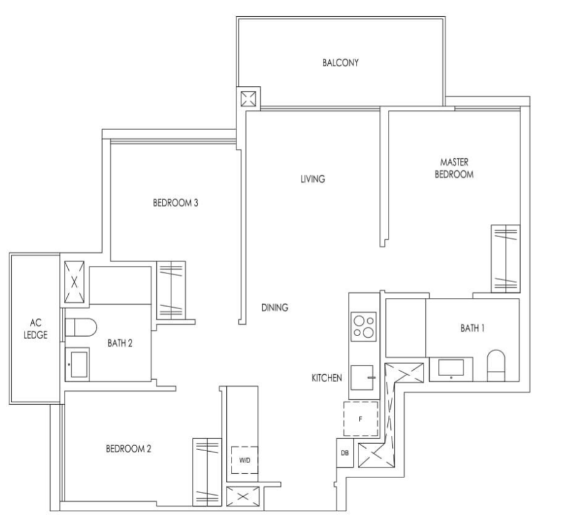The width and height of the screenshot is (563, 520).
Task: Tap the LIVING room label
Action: tap(312, 179)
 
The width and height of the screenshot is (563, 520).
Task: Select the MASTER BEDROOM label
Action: tap(454, 168)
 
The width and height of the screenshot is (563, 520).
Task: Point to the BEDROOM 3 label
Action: tap(176, 203)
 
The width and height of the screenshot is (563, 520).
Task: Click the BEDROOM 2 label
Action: tap(128, 448)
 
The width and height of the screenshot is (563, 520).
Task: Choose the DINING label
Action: tap(275, 307)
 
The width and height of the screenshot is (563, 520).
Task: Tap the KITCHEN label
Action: tap(327, 378)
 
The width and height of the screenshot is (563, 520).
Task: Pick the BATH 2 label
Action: tap(120, 342)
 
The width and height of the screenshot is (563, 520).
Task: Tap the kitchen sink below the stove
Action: tap(363, 378)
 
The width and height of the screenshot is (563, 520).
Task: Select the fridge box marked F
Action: tap(361, 419)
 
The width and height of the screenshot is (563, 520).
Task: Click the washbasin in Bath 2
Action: tap(78, 364)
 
